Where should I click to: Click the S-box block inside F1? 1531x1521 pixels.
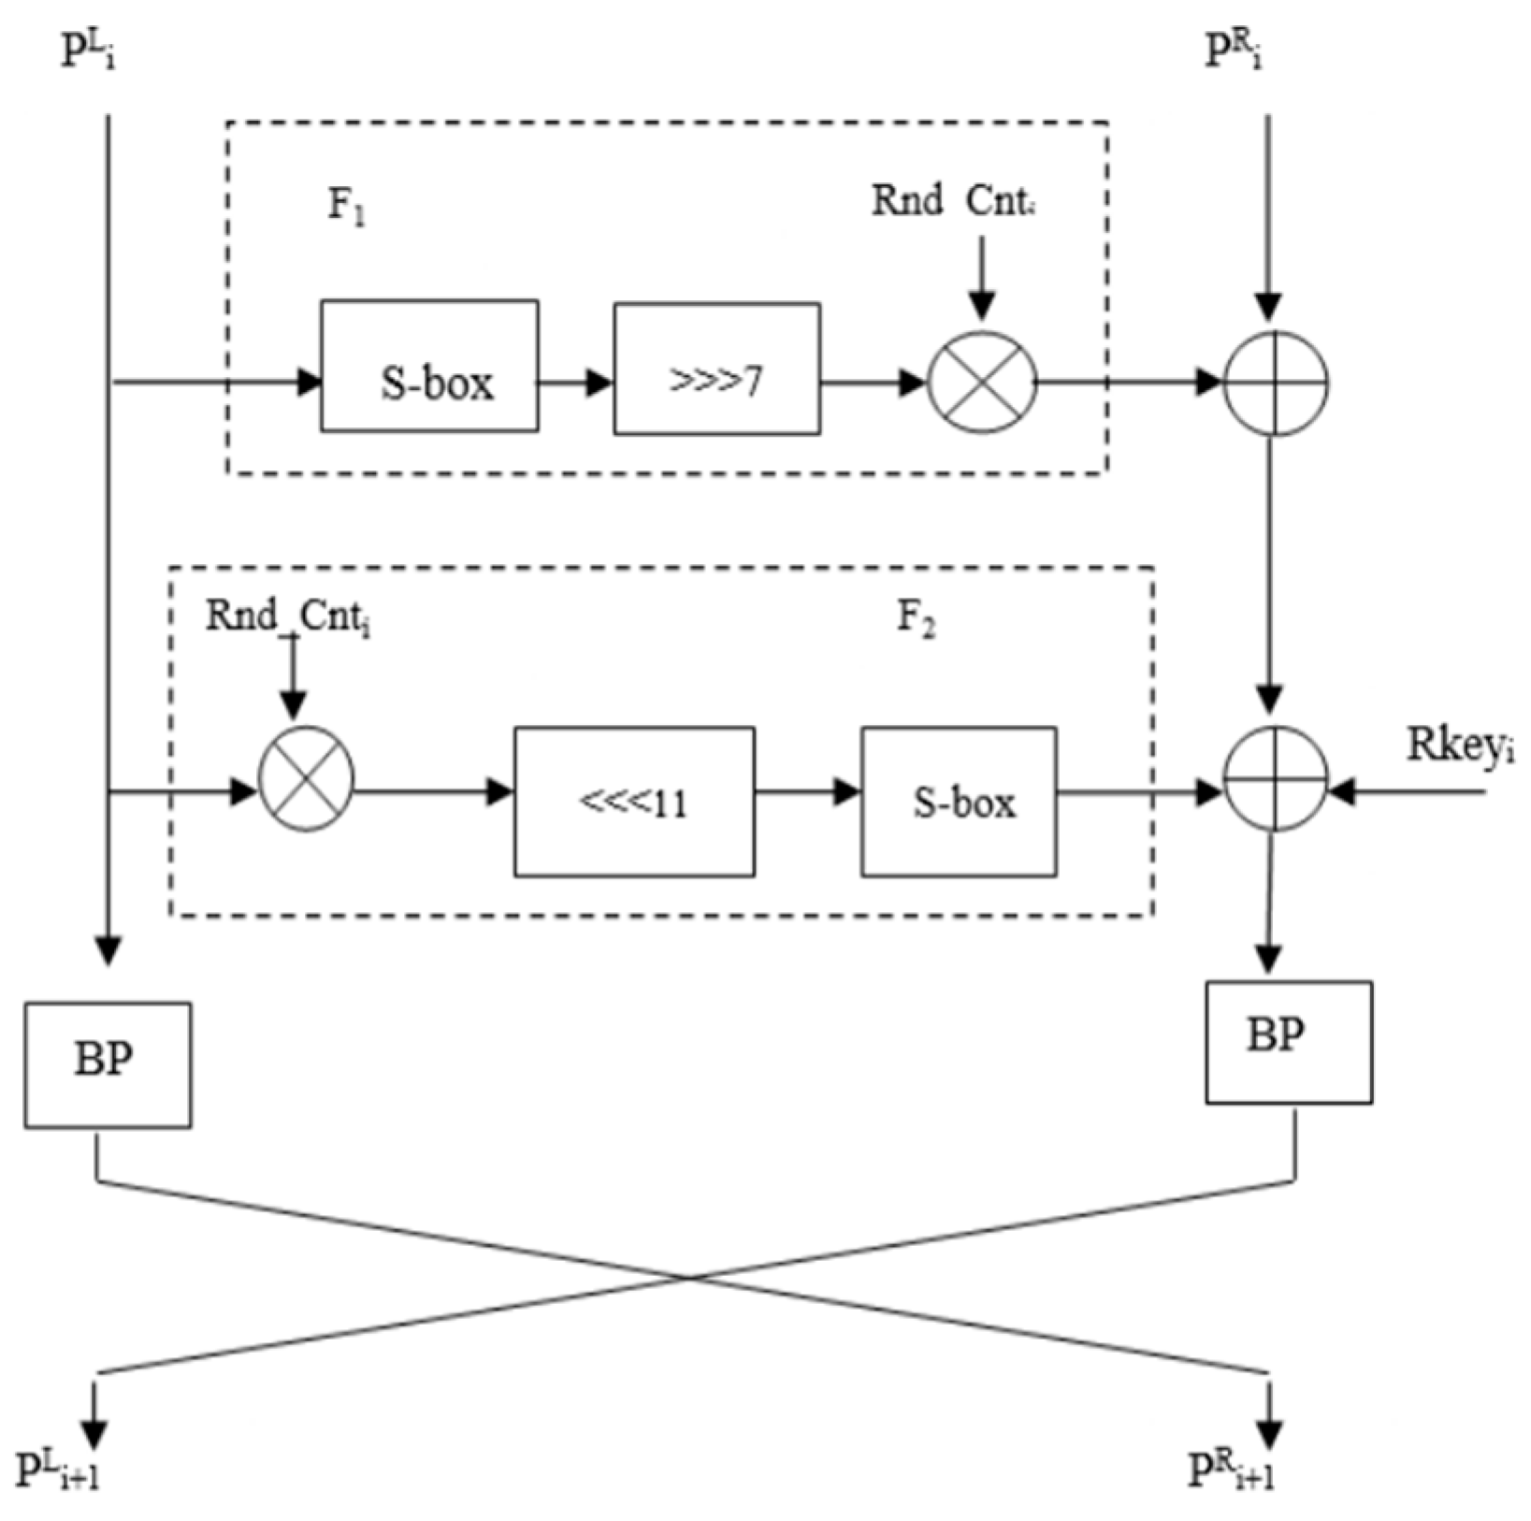click(x=429, y=366)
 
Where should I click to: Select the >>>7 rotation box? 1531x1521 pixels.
click(x=717, y=369)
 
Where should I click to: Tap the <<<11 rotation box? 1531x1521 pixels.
click(x=634, y=802)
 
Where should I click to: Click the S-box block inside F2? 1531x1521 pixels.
click(x=959, y=802)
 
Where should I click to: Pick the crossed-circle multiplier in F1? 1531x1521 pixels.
click(x=982, y=383)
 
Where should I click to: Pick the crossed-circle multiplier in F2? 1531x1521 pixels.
click(x=306, y=778)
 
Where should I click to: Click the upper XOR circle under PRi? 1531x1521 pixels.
click(x=1276, y=384)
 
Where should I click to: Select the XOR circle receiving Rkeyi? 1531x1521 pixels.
click(x=1276, y=778)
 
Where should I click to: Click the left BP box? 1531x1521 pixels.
click(x=108, y=1065)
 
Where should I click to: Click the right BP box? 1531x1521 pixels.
click(x=1289, y=1042)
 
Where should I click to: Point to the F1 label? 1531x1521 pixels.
click(x=346, y=205)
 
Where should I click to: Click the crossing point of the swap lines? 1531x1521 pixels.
click(x=689, y=1277)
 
